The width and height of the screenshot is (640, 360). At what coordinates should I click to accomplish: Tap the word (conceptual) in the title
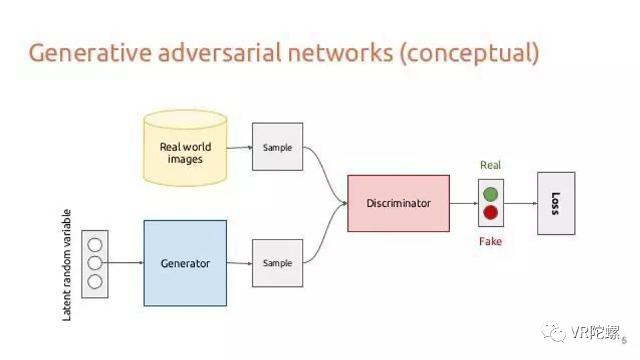[469, 53]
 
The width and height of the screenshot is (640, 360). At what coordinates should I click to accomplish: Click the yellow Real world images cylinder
[185, 149]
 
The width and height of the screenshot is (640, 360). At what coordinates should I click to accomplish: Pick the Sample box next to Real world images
[277, 148]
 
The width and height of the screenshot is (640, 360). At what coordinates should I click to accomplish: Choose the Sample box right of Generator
[277, 263]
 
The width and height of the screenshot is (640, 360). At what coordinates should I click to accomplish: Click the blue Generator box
[185, 263]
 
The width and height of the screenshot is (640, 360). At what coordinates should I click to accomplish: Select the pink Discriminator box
[398, 203]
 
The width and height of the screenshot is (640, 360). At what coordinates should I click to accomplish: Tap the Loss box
[556, 203]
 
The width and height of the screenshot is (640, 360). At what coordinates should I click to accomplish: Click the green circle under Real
[491, 194]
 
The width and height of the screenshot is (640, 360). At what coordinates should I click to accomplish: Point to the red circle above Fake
[491, 213]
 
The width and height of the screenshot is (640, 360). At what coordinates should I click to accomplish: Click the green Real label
[491, 165]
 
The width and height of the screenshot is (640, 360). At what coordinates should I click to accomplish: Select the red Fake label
[491, 241]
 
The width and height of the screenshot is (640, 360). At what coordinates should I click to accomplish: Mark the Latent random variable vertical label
[67, 265]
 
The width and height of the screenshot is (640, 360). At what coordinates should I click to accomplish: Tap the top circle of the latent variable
[95, 244]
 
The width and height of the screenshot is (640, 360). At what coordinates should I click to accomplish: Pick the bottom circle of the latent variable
[95, 282]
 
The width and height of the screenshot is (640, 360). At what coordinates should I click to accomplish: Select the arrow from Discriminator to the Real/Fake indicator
[463, 203]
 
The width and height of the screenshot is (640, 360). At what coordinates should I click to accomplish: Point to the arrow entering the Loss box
[520, 203]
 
